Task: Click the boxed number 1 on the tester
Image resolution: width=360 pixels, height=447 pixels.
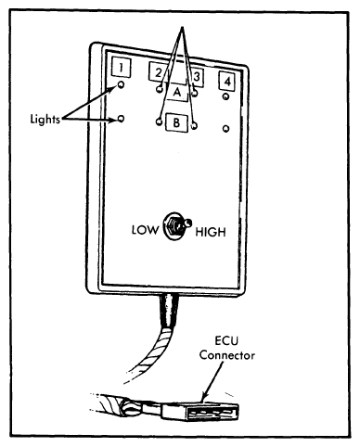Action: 121,67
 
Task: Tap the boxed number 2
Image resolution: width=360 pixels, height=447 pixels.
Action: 158,72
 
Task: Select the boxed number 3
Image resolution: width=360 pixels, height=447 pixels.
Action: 197,76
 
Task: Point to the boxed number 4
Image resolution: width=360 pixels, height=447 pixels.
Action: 227,82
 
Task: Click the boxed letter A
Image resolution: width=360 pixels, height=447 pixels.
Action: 176,92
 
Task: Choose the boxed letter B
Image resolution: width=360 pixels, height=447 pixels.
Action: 176,122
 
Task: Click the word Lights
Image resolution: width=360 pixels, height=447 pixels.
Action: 45,119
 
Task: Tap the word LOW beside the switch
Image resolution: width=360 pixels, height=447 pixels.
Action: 145,230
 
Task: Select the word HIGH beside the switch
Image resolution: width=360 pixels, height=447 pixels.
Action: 211,232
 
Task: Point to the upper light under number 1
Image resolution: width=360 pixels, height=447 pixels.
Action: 122,84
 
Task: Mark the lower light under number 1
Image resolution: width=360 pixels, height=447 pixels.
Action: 122,118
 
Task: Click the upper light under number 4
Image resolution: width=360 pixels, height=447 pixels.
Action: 225,96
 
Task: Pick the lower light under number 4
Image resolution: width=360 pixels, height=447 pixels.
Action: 226,128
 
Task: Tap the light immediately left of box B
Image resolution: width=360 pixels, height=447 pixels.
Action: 159,121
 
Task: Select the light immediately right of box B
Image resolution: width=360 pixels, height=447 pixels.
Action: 194,126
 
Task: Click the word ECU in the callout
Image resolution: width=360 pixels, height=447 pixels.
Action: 226,341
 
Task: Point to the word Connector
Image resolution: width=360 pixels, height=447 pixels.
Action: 227,355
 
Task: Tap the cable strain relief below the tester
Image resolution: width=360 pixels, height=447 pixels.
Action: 169,310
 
